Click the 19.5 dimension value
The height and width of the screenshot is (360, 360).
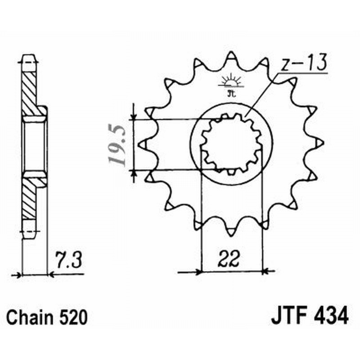117,144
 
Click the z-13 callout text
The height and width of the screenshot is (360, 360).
302,64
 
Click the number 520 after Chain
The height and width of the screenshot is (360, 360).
72,317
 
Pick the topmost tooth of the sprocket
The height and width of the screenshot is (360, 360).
231,56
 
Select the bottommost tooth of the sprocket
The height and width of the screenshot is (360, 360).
231,231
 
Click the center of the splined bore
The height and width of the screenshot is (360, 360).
231,144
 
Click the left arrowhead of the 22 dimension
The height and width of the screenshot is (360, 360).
198,272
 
